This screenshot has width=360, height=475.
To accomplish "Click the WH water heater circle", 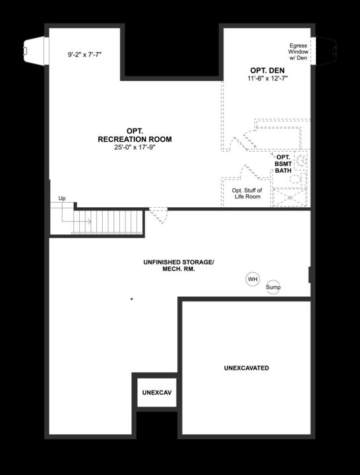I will click(253, 280).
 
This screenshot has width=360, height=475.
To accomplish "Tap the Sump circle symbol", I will click(273, 287).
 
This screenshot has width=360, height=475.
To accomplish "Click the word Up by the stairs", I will click(62, 198).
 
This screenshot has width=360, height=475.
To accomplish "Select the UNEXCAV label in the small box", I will click(157, 393).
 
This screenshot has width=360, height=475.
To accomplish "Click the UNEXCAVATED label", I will click(246, 367).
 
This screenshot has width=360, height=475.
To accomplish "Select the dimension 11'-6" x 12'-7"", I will click(263, 79).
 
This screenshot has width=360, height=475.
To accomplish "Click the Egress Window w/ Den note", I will click(298, 51).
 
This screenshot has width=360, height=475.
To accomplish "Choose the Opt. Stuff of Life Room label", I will click(246, 193).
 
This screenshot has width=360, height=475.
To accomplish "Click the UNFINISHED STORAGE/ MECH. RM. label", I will click(178, 266).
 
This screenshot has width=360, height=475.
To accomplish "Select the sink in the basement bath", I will click(301, 159).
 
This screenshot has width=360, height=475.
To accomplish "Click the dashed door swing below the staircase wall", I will click(159, 215).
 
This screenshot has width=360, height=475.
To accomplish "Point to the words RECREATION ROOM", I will click(135, 139).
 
